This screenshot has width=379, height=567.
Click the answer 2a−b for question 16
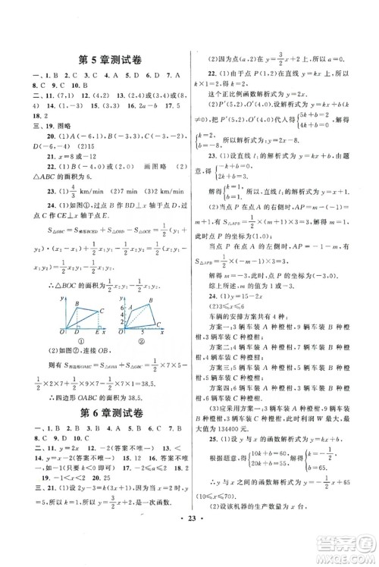[138, 110]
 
